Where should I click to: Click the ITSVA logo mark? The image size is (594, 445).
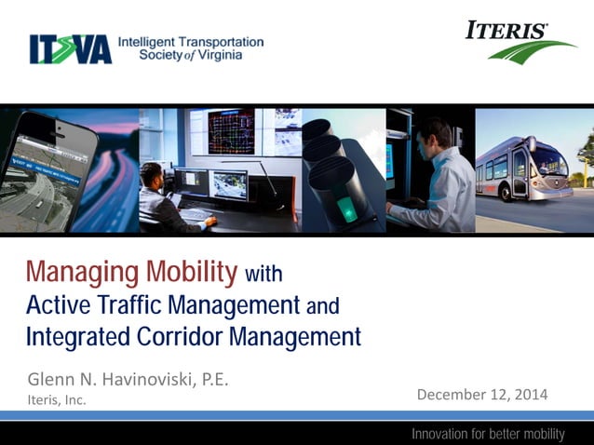[70, 49]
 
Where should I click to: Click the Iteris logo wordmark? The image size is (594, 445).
[506, 31]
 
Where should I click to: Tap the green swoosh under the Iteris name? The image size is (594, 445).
[533, 51]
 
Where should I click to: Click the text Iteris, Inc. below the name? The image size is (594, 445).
[57, 401]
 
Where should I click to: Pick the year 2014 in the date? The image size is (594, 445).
[528, 395]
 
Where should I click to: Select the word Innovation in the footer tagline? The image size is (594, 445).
[443, 434]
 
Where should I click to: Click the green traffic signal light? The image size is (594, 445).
[345, 206]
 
